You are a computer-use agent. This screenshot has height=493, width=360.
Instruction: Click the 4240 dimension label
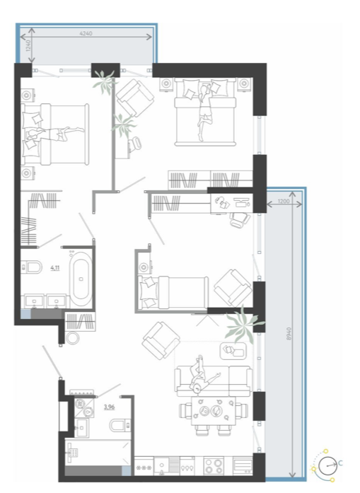[86, 33]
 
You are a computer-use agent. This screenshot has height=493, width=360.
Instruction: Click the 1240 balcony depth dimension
[28, 45]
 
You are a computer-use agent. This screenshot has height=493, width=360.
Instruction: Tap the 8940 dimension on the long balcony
[289, 333]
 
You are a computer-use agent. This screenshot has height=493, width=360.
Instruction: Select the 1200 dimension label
[284, 201]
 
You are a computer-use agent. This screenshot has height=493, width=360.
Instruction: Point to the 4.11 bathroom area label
[55, 268]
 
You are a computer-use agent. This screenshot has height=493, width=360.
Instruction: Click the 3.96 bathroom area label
[110, 407]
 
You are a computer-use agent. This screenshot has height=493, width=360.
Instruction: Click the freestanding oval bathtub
[81, 279]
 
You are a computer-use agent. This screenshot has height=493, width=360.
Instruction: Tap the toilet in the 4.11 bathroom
[31, 267]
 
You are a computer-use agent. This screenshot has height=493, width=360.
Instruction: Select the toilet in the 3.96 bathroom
[120, 425]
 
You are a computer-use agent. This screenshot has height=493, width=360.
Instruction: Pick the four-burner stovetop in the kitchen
[214, 465]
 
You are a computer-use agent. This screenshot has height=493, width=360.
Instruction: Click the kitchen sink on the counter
[162, 466]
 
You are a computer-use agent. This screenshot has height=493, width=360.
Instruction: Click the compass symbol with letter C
[327, 465]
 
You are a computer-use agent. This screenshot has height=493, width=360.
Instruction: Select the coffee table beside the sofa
[233, 351]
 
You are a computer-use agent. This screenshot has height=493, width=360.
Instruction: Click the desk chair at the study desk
[240, 219]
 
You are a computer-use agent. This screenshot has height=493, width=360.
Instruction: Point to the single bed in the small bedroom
[173, 292]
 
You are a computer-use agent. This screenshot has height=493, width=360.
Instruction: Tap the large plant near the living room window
[244, 324]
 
